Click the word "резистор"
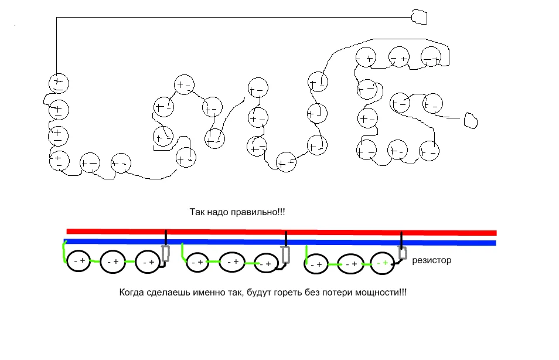(432, 260)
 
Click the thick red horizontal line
(281, 232)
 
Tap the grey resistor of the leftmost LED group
(165, 254)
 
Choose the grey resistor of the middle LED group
(286, 254)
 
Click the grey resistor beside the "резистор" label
(403, 253)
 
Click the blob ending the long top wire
(420, 17)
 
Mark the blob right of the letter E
(471, 120)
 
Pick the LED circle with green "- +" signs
(382, 264)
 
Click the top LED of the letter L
(58, 83)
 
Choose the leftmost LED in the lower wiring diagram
(79, 261)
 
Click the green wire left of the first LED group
(64, 252)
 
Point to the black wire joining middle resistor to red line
(285, 239)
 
